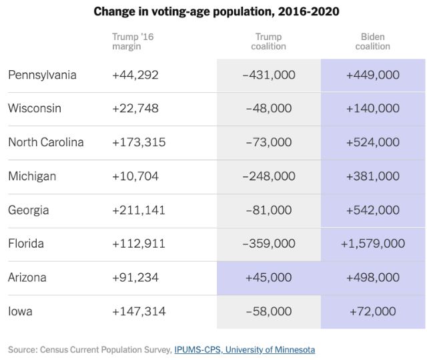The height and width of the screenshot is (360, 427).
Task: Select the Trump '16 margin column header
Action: point(133,41)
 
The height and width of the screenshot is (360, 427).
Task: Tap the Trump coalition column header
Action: point(268,41)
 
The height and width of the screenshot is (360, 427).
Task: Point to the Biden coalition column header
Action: point(373,41)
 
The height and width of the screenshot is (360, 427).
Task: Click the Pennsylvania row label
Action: point(42,75)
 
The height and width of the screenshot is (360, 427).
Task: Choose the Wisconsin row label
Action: point(35,108)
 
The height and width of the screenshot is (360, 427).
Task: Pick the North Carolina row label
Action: point(46,142)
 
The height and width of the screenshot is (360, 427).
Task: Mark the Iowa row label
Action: point(21,311)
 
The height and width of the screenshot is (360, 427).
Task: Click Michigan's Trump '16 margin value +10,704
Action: point(135,176)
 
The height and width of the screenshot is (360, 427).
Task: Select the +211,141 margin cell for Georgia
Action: point(139,210)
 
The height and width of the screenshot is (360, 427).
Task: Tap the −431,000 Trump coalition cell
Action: point(268,75)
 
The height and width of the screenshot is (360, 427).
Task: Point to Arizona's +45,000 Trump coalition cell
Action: point(268,277)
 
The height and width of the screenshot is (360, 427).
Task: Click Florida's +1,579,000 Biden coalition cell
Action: point(373,244)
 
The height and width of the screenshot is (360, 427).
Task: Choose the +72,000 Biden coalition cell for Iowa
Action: point(373,311)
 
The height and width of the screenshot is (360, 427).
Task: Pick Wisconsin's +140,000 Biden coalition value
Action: point(373,108)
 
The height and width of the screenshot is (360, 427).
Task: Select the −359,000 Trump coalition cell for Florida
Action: point(268,244)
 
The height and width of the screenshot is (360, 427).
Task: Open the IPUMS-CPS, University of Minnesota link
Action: point(244,349)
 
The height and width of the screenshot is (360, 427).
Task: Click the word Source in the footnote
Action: point(23,349)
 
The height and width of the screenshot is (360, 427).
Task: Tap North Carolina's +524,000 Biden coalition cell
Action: point(373,142)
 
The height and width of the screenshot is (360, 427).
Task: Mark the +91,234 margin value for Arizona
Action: point(135,277)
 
